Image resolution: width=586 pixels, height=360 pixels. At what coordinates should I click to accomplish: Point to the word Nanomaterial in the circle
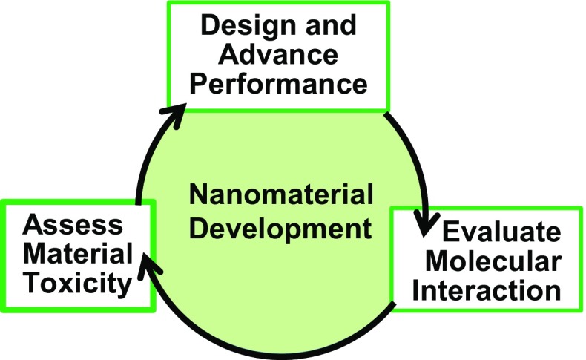pyautogui.click(x=280, y=196)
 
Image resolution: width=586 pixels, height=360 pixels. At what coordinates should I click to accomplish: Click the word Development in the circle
pyautogui.click(x=280, y=226)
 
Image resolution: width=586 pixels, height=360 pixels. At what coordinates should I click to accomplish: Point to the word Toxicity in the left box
pyautogui.click(x=69, y=282)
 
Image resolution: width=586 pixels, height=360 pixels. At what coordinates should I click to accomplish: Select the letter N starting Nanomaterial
pyautogui.click(x=199, y=196)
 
